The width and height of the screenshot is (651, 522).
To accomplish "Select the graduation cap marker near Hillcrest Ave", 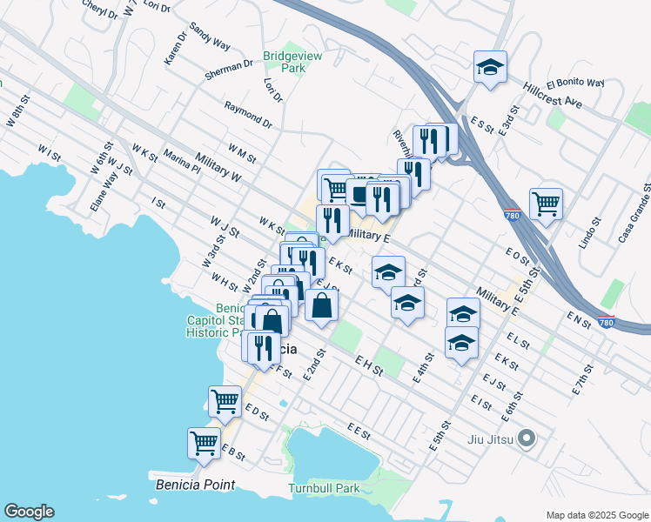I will [490, 65].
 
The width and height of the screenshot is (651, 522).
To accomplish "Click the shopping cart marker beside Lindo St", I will [546, 204].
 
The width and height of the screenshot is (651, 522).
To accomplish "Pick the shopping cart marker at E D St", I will [225, 401].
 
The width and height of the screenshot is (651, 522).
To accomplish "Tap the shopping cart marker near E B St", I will [204, 442].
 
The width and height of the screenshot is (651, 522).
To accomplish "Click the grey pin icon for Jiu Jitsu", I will [525, 439].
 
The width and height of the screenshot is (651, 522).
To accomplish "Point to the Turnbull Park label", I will [325, 489].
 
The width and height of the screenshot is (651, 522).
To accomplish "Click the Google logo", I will [29, 512].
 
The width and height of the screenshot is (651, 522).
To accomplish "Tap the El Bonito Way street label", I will [575, 84].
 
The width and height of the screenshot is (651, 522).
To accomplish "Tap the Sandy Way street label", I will [209, 38].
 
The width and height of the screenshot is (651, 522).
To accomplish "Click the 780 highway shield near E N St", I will [606, 322].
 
